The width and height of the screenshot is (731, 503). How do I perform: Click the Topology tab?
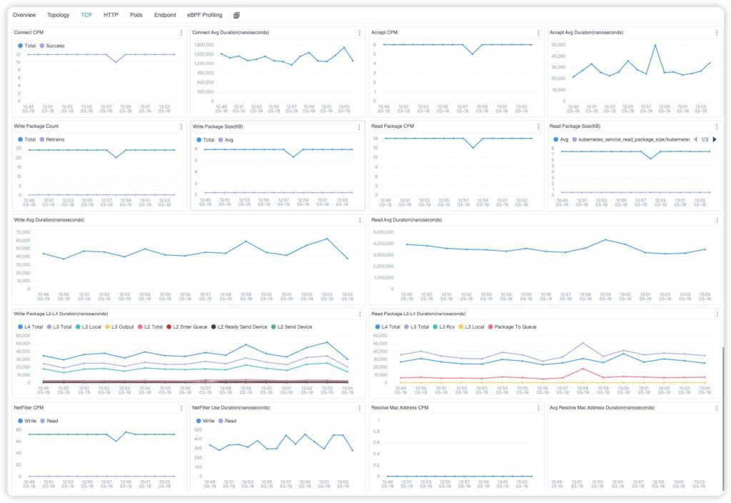coord(59,15)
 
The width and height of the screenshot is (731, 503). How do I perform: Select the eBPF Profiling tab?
coord(205,15)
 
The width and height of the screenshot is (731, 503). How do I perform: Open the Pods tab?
coord(136,15)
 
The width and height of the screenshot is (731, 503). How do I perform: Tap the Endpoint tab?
coord(165,15)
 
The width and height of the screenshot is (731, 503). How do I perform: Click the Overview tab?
coord(24,15)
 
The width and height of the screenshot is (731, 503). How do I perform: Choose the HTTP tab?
coord(111,15)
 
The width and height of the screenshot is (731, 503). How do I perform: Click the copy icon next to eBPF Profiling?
coord(236,15)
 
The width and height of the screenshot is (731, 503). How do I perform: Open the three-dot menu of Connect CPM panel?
coord(181,33)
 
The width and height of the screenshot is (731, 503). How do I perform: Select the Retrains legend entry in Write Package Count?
coord(55,139)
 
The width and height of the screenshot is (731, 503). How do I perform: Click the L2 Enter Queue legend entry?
coord(190,327)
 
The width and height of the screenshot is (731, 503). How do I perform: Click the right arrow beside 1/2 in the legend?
coord(715,139)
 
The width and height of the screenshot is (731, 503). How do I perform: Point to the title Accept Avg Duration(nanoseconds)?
coord(586,33)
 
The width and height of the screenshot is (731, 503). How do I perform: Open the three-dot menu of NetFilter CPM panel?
coord(181,408)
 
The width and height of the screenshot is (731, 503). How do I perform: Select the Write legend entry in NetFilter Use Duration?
coord(208,421)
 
